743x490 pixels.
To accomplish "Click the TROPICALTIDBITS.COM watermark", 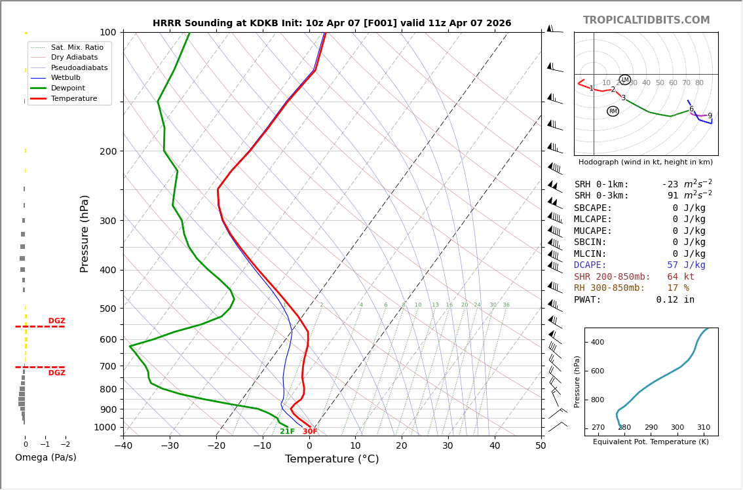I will pyautogui.click(x=646, y=20).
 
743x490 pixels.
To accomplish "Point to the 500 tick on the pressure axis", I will pyautogui.click(x=107, y=309).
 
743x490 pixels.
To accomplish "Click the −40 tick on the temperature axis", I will pyautogui.click(x=123, y=446).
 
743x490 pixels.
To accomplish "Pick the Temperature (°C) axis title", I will pyautogui.click(x=332, y=459).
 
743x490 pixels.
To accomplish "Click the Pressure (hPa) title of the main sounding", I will pyautogui.click(x=85, y=233).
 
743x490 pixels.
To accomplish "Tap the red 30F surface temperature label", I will pyautogui.click(x=310, y=432).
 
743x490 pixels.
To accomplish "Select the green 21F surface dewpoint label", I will pyautogui.click(x=287, y=432).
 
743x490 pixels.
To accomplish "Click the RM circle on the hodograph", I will pyautogui.click(x=613, y=111).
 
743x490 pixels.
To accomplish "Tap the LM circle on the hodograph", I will pyautogui.click(x=625, y=80).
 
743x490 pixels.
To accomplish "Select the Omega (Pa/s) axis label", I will pyautogui.click(x=45, y=457).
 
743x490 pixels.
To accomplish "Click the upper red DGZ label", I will pyautogui.click(x=56, y=321).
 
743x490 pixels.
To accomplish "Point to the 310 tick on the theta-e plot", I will pyautogui.click(x=703, y=428).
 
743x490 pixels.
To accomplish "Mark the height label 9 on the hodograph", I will pyautogui.click(x=710, y=116).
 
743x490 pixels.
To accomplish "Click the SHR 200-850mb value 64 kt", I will pyautogui.click(x=681, y=276).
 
